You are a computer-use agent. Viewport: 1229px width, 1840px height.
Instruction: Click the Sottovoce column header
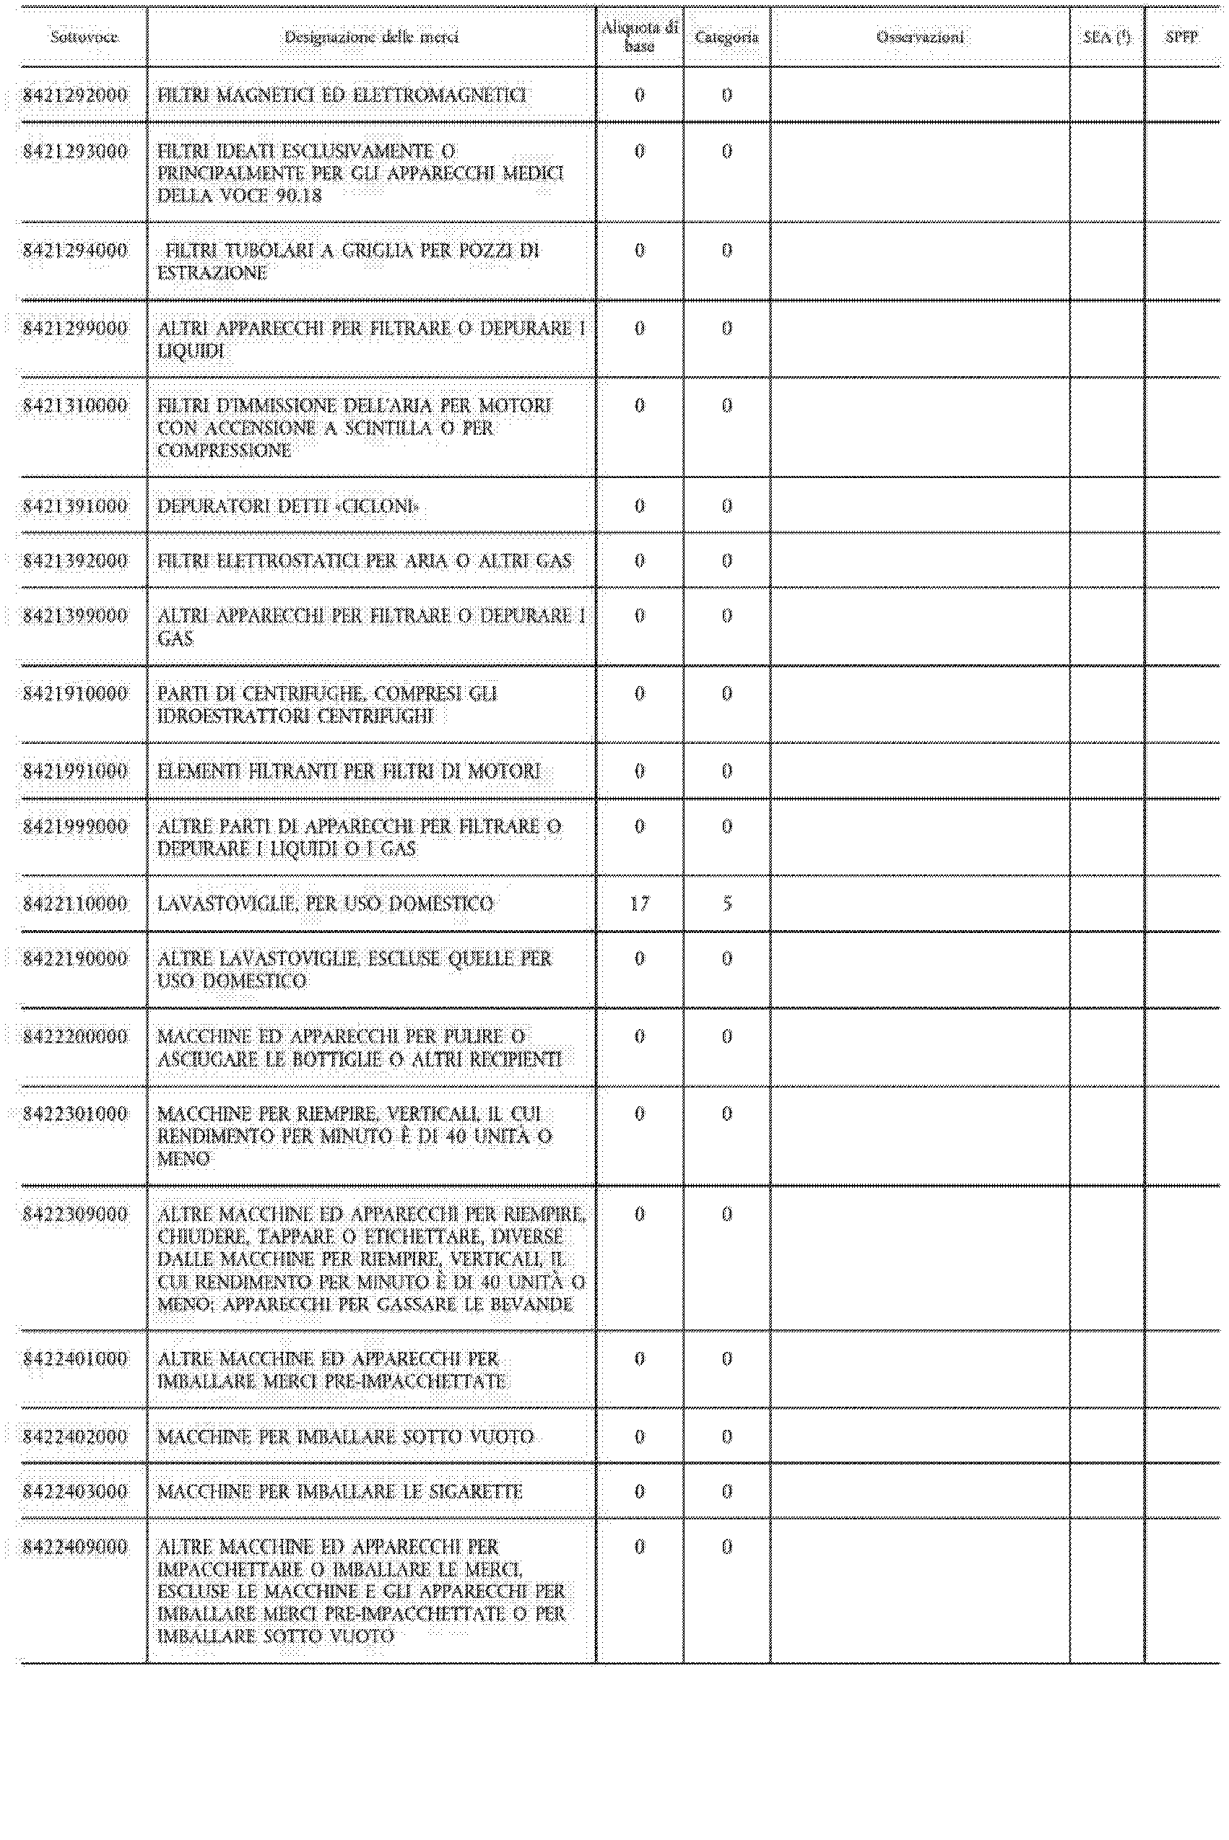[x=84, y=38]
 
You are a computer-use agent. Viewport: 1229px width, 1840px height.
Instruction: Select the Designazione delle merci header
[x=370, y=38]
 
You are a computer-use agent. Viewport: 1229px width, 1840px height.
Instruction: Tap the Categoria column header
[x=726, y=38]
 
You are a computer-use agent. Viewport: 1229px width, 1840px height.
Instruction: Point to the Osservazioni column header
[x=920, y=38]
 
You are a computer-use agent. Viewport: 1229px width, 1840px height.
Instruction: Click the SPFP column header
[x=1181, y=38]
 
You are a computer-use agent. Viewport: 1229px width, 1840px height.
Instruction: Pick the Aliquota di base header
[x=640, y=38]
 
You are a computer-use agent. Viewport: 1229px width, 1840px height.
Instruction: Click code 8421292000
[x=75, y=95]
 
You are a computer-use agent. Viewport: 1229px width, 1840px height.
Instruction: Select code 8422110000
[x=75, y=903]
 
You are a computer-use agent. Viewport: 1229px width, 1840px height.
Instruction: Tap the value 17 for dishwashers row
[x=640, y=903]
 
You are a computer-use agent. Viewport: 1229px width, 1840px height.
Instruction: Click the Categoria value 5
[x=726, y=903]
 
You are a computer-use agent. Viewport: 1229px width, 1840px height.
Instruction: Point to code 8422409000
[x=75, y=1547]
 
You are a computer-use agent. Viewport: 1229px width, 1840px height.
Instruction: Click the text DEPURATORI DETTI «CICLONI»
[x=287, y=506]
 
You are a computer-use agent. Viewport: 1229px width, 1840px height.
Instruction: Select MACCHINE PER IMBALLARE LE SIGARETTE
[x=339, y=1491]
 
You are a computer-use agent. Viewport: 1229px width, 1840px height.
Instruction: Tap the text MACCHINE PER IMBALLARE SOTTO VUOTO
[x=346, y=1436]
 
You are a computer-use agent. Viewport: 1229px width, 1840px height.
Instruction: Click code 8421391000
[x=75, y=506]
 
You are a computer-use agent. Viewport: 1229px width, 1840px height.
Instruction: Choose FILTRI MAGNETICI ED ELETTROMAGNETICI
[x=341, y=95]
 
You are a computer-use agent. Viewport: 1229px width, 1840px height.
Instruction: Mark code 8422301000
[x=75, y=1114]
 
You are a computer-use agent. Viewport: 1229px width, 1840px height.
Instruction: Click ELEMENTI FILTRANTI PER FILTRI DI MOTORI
[x=349, y=771]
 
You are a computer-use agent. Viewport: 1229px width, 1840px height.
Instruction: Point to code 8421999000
[x=75, y=827]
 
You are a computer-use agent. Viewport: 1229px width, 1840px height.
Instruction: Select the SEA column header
[x=1107, y=38]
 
